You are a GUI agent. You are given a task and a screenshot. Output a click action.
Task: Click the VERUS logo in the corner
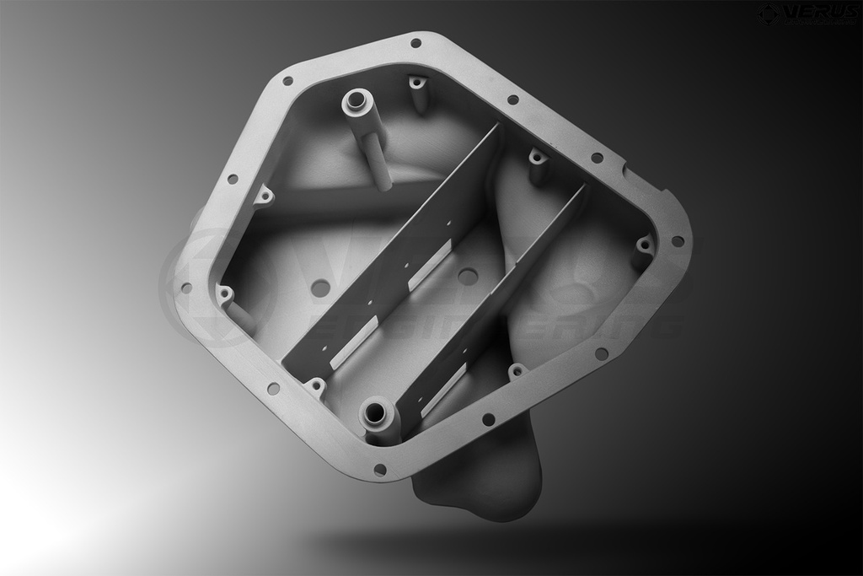[807, 13]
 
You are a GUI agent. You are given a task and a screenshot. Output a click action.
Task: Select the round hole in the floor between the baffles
[467, 276]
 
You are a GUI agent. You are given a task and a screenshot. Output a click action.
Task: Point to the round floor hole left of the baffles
[320, 288]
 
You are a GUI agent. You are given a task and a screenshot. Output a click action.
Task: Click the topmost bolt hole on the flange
[415, 43]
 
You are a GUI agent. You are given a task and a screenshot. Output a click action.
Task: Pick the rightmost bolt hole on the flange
[677, 241]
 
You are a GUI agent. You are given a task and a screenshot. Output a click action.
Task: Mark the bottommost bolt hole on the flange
[379, 469]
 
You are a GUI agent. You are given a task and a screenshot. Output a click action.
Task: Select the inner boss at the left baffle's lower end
[315, 387]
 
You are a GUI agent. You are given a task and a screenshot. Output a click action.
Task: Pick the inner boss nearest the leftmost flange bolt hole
[225, 293]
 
